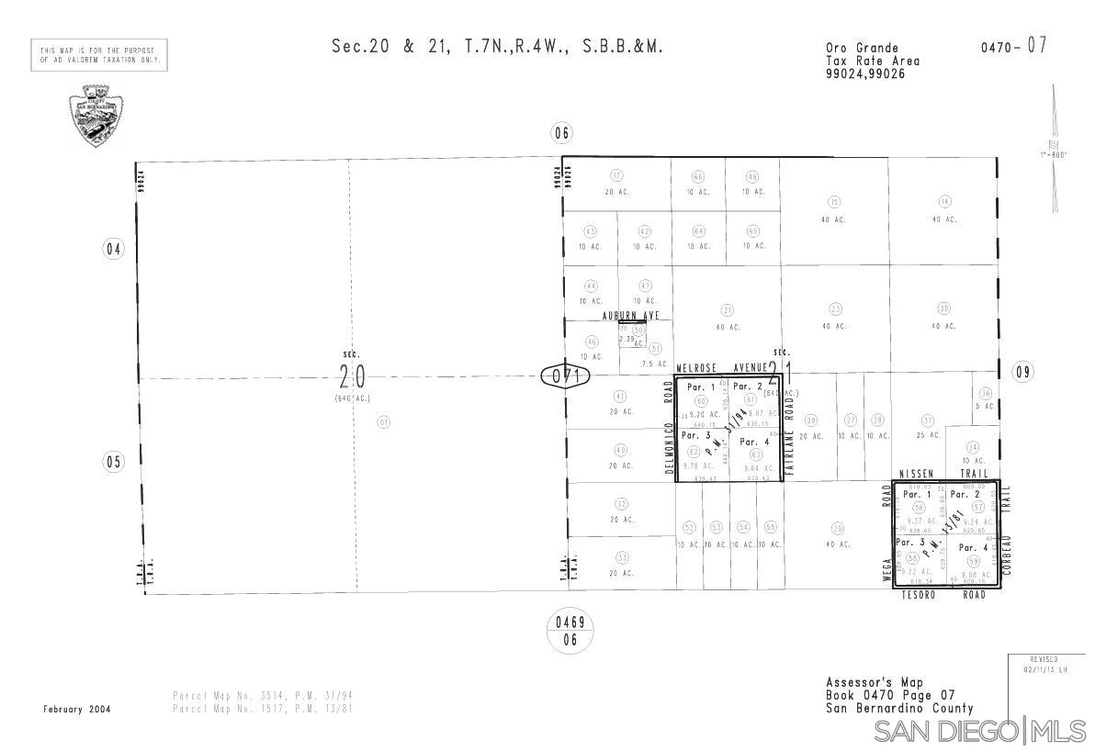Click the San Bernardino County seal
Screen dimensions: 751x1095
[96, 116]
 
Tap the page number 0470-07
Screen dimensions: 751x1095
[1013, 47]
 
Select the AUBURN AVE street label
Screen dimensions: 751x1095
[630, 316]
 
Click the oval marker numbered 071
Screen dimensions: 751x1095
[564, 377]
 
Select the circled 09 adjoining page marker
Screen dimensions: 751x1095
[1023, 372]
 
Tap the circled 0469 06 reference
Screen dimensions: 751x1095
[570, 633]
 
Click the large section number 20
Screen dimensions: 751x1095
[353, 376]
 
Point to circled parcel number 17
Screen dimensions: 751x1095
[616, 176]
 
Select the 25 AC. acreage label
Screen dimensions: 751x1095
[928, 435]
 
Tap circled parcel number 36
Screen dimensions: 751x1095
[986, 393]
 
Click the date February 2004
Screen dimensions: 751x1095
[77, 710]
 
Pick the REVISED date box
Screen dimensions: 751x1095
[1044, 665]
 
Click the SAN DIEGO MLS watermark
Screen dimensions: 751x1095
[980, 732]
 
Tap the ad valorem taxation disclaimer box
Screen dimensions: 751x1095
[99, 55]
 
